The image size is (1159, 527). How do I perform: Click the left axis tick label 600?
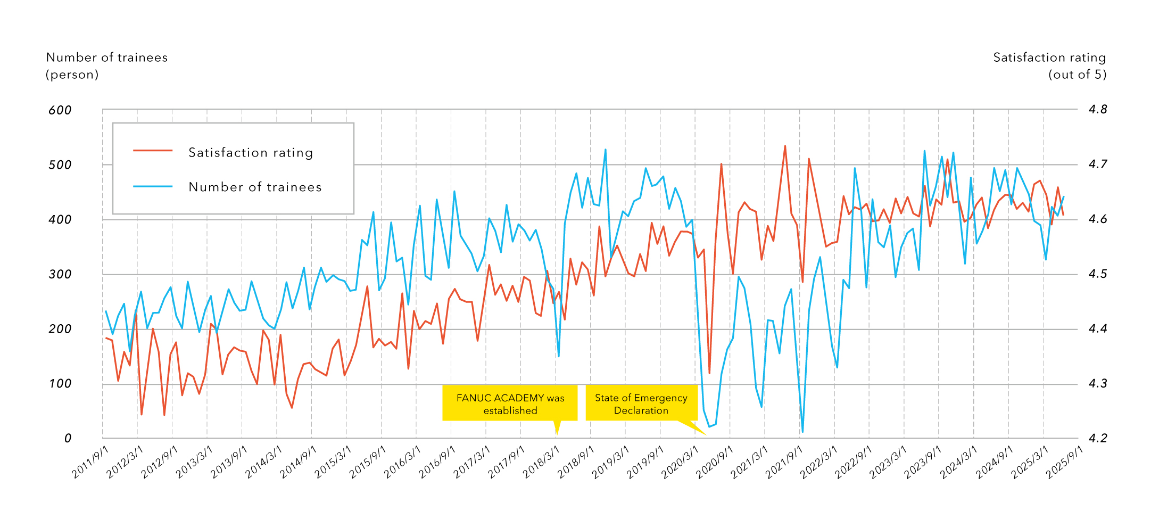[x=60, y=110]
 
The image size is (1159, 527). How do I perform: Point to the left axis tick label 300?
[x=60, y=275]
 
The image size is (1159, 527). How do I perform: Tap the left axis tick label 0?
[x=68, y=439]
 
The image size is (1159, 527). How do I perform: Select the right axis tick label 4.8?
[x=1097, y=110]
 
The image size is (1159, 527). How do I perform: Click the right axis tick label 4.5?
[x=1097, y=274]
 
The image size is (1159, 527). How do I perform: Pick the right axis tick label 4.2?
[x=1097, y=439]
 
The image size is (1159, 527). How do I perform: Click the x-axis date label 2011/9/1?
[x=90, y=462]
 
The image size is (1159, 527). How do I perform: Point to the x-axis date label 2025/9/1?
[x=1065, y=462]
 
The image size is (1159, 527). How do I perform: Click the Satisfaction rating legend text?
[x=251, y=153]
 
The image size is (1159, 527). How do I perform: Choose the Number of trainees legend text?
[x=255, y=187]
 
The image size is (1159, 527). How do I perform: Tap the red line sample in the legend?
[x=153, y=151]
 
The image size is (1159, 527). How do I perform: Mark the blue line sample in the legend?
[x=153, y=186]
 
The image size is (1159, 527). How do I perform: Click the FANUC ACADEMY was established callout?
[x=510, y=404]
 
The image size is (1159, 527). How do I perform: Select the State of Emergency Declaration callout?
[x=641, y=404]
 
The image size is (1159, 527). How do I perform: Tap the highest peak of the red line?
[x=785, y=146]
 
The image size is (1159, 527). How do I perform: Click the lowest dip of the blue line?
[x=802, y=432]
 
